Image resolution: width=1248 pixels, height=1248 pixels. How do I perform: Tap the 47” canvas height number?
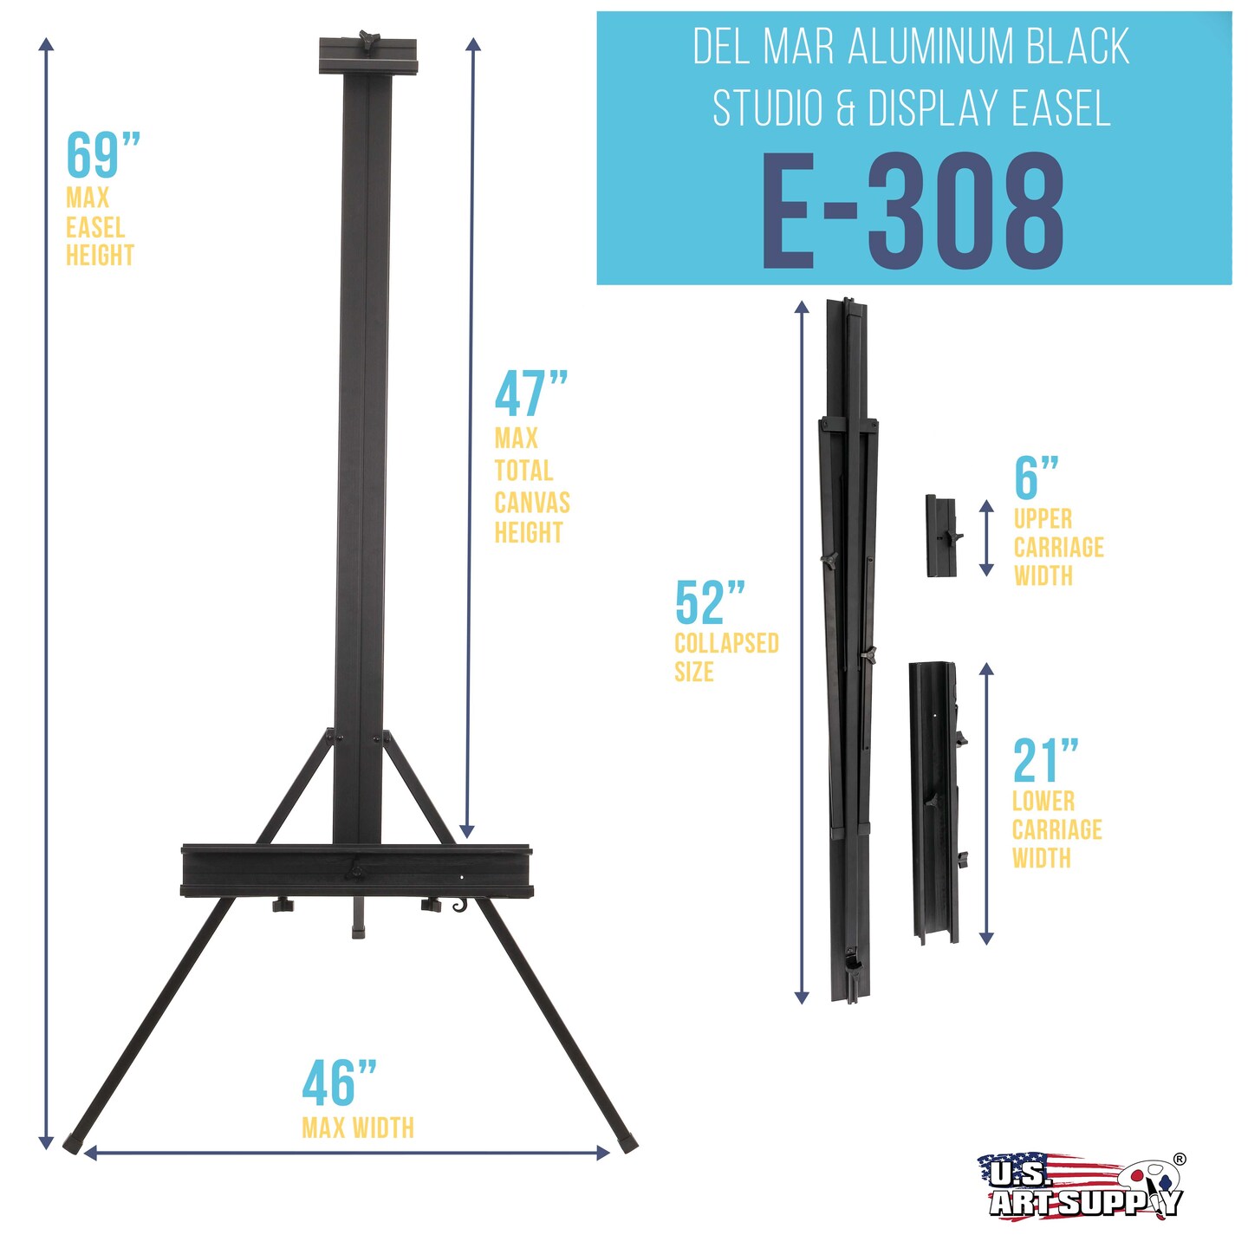[x=531, y=393]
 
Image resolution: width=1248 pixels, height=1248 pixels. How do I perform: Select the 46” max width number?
[x=340, y=1082]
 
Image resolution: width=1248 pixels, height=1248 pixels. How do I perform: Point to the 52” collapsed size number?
[x=710, y=601]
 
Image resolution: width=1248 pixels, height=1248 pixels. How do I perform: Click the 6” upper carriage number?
[x=1037, y=478]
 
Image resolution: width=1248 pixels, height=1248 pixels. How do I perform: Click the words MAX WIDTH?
[x=357, y=1128]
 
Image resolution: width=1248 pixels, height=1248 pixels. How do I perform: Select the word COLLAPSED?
[x=726, y=643]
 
